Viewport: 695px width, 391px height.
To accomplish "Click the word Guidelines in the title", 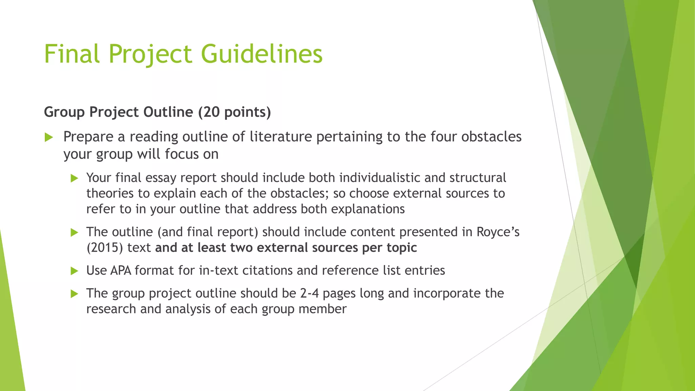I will pyautogui.click(x=262, y=54).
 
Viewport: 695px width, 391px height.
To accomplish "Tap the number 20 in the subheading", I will pyautogui.click(x=212, y=112).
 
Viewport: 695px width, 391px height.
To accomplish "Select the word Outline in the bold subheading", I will pyautogui.click(x=168, y=112).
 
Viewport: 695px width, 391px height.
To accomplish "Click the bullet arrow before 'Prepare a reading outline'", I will pyautogui.click(x=49, y=137).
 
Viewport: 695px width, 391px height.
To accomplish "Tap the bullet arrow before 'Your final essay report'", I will pyautogui.click(x=74, y=178).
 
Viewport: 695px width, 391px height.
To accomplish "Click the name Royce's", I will pyautogui.click(x=498, y=232).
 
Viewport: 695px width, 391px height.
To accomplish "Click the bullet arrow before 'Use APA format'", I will pyautogui.click(x=74, y=271).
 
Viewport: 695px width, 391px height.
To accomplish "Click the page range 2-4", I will pyautogui.click(x=309, y=293).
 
